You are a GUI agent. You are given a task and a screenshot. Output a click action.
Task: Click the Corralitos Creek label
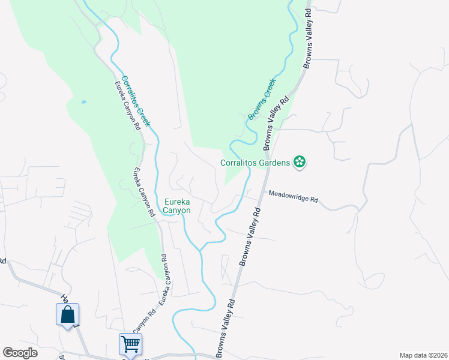(x=136, y=100)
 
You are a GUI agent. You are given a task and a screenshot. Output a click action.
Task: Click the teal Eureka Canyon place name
(x=177, y=206)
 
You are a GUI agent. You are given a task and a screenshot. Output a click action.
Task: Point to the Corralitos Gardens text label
(x=255, y=162)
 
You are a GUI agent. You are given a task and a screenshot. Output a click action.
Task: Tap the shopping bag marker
(x=67, y=314)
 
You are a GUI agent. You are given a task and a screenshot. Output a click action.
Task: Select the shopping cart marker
(x=130, y=344)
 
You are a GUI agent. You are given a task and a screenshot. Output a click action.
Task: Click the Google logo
(x=20, y=353)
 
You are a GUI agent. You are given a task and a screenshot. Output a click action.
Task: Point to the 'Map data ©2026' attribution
(x=423, y=355)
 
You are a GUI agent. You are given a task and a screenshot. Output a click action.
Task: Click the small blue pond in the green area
(x=83, y=102)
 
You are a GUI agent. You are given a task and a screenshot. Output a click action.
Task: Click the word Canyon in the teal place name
(x=177, y=211)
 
